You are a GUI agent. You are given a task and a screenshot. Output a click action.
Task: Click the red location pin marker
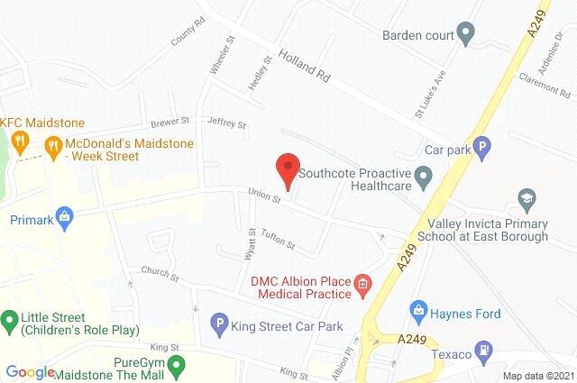287,169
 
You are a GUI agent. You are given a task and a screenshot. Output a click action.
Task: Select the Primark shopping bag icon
64,217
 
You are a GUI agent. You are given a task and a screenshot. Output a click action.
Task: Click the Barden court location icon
465,36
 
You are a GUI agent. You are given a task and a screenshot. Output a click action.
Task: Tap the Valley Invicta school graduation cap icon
526,197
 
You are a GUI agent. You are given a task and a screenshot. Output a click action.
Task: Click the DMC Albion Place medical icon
362,287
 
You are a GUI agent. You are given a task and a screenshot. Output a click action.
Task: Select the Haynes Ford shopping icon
417,311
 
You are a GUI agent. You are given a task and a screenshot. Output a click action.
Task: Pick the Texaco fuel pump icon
484,346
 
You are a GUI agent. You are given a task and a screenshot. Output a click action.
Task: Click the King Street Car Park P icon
217,322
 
